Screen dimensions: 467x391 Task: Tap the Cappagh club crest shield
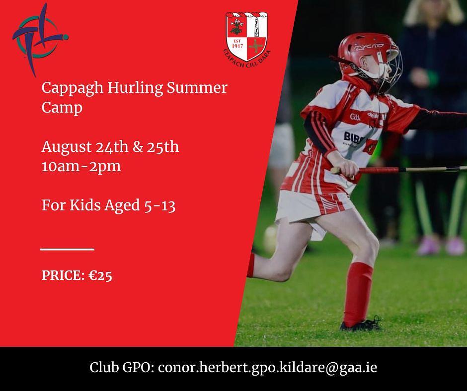(x=246, y=36)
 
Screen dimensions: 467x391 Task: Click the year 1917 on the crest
(x=237, y=46)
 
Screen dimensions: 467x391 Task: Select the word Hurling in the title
(x=135, y=88)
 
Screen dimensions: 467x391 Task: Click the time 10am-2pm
(x=81, y=166)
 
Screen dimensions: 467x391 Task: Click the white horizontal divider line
(x=67, y=250)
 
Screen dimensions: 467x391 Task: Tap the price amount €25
(x=100, y=275)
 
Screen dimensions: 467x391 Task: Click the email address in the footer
(x=267, y=368)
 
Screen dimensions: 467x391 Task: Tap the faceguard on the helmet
(x=389, y=68)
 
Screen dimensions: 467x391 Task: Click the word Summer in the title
(x=197, y=88)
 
